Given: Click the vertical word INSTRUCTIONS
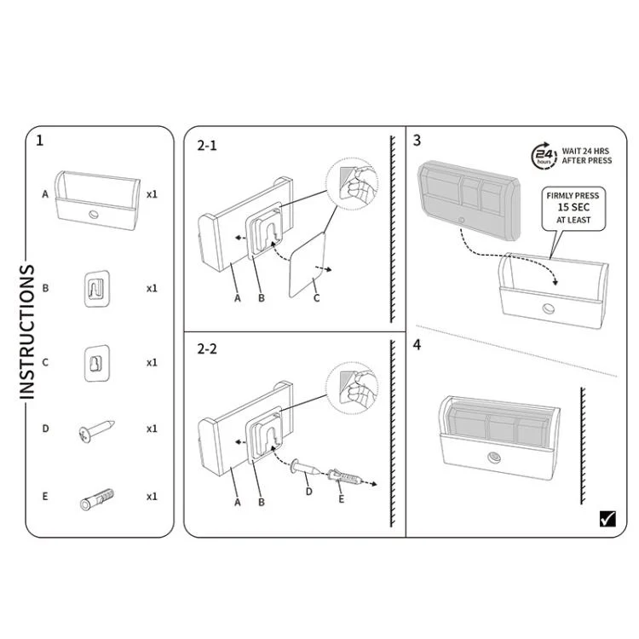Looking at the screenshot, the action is pos(27,331).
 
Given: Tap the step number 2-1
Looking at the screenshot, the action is pos(207,146).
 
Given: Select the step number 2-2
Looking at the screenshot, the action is pos(207,349).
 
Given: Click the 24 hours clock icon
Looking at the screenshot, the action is pos(544,155).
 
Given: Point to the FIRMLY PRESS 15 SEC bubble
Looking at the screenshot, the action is pos(573,208).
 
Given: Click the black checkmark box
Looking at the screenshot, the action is pos(607,518).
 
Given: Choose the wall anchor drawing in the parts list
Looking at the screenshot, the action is pos(97,499).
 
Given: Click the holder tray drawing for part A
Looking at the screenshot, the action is pos(97,200).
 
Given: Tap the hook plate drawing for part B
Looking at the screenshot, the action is pos(97,289).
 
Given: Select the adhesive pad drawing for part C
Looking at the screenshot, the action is pos(97,364).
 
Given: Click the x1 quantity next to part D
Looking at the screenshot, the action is pos(152,429).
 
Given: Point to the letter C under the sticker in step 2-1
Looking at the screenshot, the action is pos(316,298).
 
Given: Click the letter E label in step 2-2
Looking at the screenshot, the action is pos(341,498).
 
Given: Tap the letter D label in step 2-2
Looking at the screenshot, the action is pos(309,492).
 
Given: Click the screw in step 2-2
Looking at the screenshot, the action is pos(305,468).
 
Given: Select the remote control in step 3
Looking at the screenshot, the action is pos(469,200).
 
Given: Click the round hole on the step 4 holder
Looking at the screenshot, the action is pos(494,458).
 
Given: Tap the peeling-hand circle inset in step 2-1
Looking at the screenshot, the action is pos(353,184).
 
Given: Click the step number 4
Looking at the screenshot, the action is pos(417,345).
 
